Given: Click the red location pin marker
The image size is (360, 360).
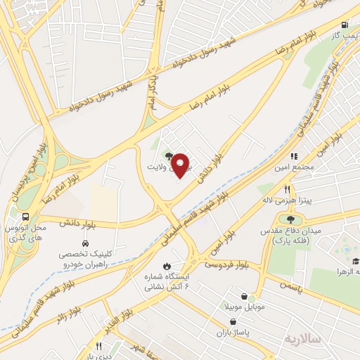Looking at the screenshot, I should pos(181,165).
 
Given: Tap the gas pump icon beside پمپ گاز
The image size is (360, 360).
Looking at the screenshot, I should pos(345,25).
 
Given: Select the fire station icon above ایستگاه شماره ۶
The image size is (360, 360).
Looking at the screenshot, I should pos(166,266).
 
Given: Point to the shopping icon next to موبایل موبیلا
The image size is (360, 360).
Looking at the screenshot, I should pos(243,297).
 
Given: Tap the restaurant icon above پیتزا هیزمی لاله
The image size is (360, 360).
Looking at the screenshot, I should pos(287,189).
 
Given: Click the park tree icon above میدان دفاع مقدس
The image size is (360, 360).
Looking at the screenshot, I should pos(291,221).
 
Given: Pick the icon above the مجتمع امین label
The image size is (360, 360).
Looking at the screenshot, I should pos(294,156).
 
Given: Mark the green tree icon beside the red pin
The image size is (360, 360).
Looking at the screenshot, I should pos(167,155).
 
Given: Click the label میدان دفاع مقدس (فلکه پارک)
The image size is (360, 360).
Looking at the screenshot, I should pos(292,238).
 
